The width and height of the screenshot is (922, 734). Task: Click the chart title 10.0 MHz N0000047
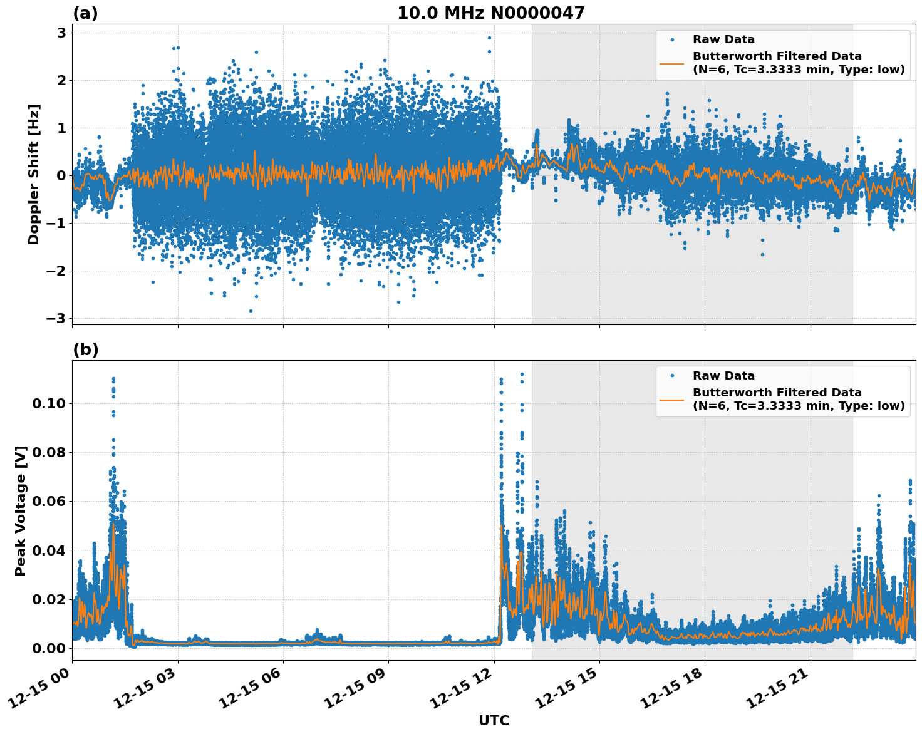tap(490, 13)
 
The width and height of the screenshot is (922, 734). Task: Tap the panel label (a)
tap(85, 13)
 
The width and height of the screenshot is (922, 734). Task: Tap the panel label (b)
tap(85, 349)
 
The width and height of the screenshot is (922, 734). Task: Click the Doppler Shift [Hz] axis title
tap(34, 174)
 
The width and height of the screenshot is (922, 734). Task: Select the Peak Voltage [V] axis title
tap(21, 510)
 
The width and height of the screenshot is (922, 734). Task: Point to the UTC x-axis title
tap(494, 720)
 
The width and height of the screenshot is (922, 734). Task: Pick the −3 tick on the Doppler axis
tap(56, 318)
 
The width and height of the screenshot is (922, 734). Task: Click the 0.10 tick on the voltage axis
tap(49, 403)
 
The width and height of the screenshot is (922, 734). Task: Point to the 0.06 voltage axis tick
tap(49, 501)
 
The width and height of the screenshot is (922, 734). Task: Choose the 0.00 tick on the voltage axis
tap(49, 648)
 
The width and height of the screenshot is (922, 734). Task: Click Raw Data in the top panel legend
tap(723, 40)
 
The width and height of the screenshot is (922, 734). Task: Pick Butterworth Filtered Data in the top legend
tap(777, 56)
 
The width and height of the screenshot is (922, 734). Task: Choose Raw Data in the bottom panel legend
tap(723, 376)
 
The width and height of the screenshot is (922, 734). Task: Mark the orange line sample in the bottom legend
tap(671, 399)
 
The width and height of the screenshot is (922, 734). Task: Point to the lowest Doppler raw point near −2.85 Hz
tap(251, 311)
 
